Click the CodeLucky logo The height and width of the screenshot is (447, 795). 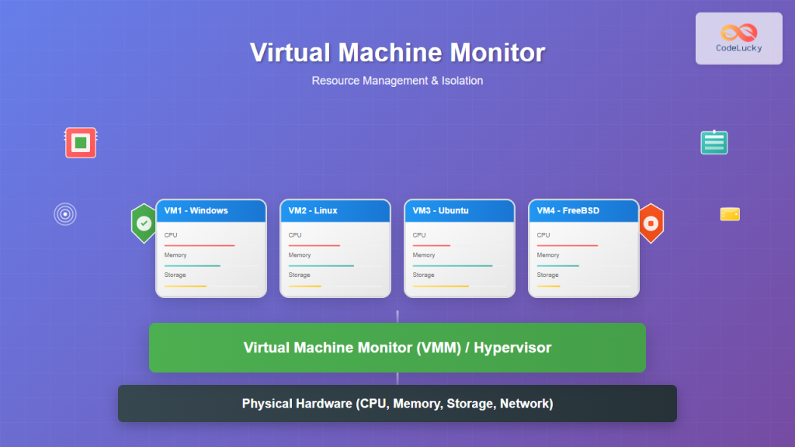coord(738,38)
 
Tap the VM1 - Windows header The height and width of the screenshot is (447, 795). coord(211,210)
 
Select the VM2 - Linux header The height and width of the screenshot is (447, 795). coord(335,210)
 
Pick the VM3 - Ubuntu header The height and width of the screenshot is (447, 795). coord(460,210)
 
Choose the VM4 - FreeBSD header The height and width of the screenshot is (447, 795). coord(584,210)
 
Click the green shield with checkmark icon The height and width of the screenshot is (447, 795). coord(144,223)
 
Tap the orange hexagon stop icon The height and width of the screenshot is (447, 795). coord(651,223)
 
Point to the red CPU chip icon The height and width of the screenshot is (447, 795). coord(81,143)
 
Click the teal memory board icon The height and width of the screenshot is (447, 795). coord(713,142)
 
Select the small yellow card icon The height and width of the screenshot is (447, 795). coord(730,214)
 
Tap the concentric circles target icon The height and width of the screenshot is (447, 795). coord(65,214)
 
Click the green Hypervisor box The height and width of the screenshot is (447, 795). coord(397,348)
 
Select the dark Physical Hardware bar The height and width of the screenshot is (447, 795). coord(397,404)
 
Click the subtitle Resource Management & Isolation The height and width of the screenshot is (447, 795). coord(397,81)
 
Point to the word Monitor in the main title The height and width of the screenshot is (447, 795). coord(497,53)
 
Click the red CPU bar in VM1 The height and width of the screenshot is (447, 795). coord(200,245)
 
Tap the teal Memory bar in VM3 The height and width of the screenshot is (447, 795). coord(453,265)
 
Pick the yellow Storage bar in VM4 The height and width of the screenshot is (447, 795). coord(549,286)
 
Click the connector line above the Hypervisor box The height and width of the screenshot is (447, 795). coord(397,316)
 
